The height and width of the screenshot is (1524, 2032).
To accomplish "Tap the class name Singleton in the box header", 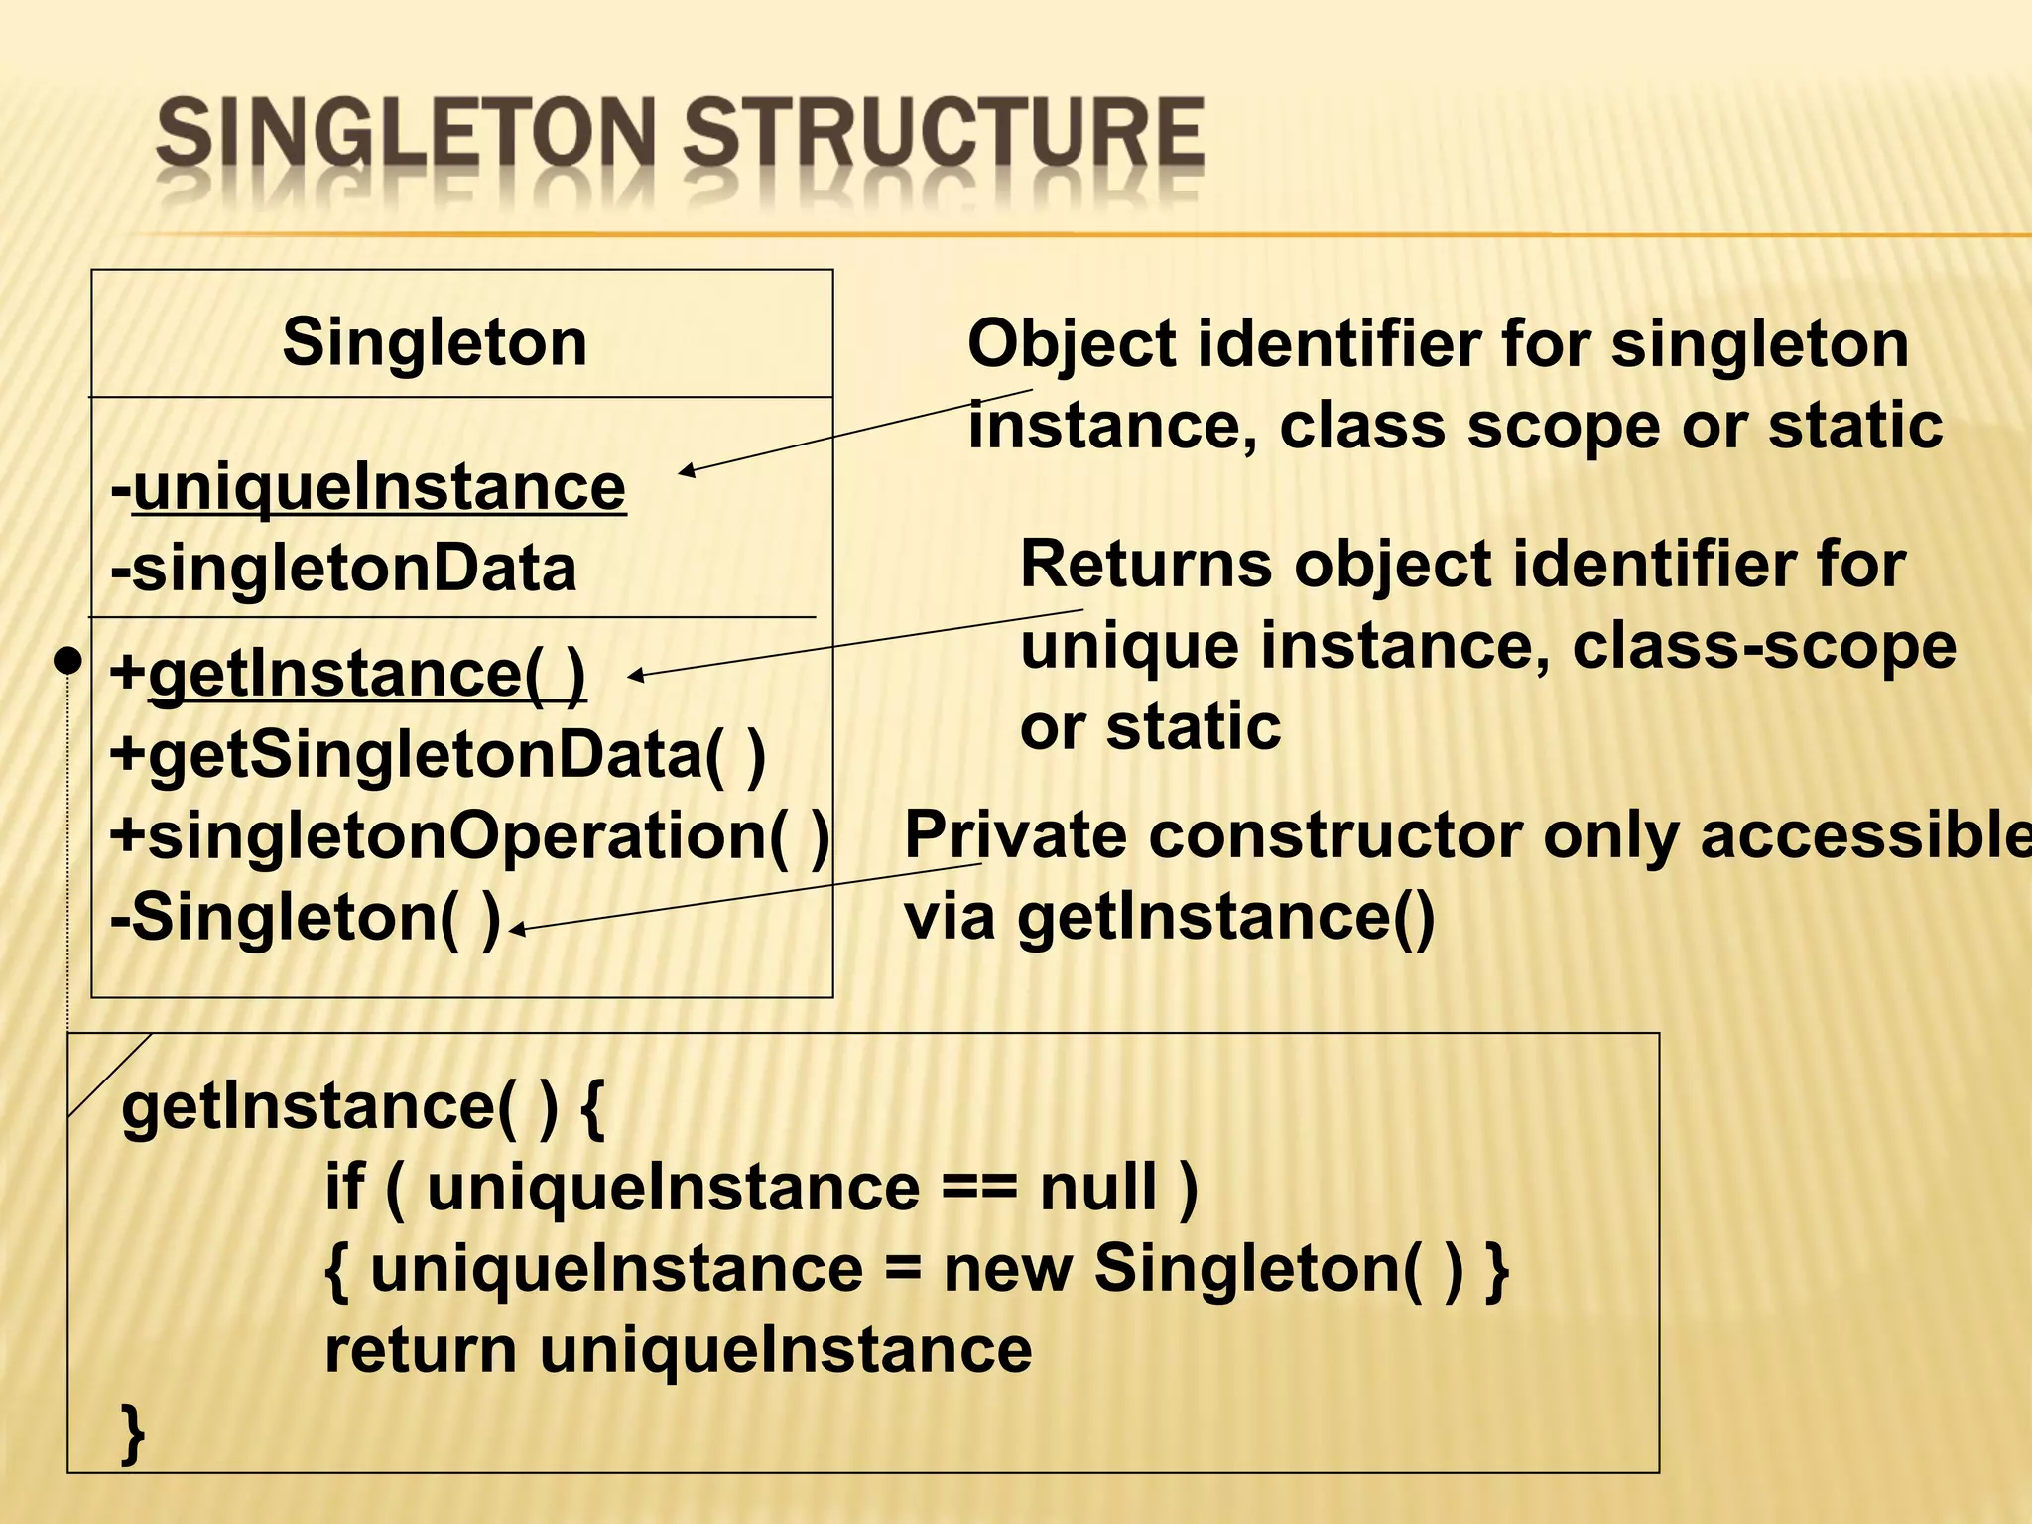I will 435,342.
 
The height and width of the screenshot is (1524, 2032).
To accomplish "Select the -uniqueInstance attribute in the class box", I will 369,487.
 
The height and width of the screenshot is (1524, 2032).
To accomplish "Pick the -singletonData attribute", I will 344,569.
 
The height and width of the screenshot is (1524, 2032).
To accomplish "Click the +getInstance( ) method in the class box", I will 348,674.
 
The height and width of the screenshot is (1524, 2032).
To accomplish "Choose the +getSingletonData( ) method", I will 438,755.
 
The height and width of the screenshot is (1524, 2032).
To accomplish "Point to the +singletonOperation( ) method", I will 469,835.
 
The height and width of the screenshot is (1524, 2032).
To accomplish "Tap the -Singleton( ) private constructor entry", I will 306,917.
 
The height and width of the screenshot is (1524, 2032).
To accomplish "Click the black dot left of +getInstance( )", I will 67,661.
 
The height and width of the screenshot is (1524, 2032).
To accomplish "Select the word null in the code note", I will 1098,1187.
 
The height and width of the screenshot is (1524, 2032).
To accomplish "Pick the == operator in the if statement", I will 978,1189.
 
